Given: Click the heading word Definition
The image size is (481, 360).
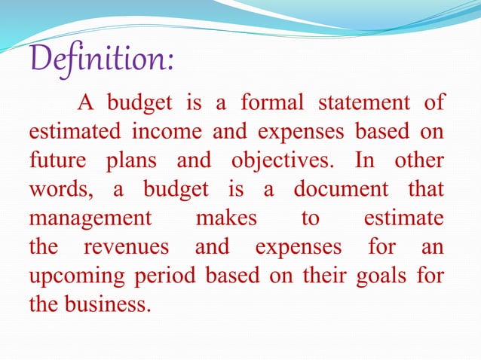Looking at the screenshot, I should [x=101, y=59].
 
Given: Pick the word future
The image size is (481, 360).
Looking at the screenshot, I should [x=52, y=160].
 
